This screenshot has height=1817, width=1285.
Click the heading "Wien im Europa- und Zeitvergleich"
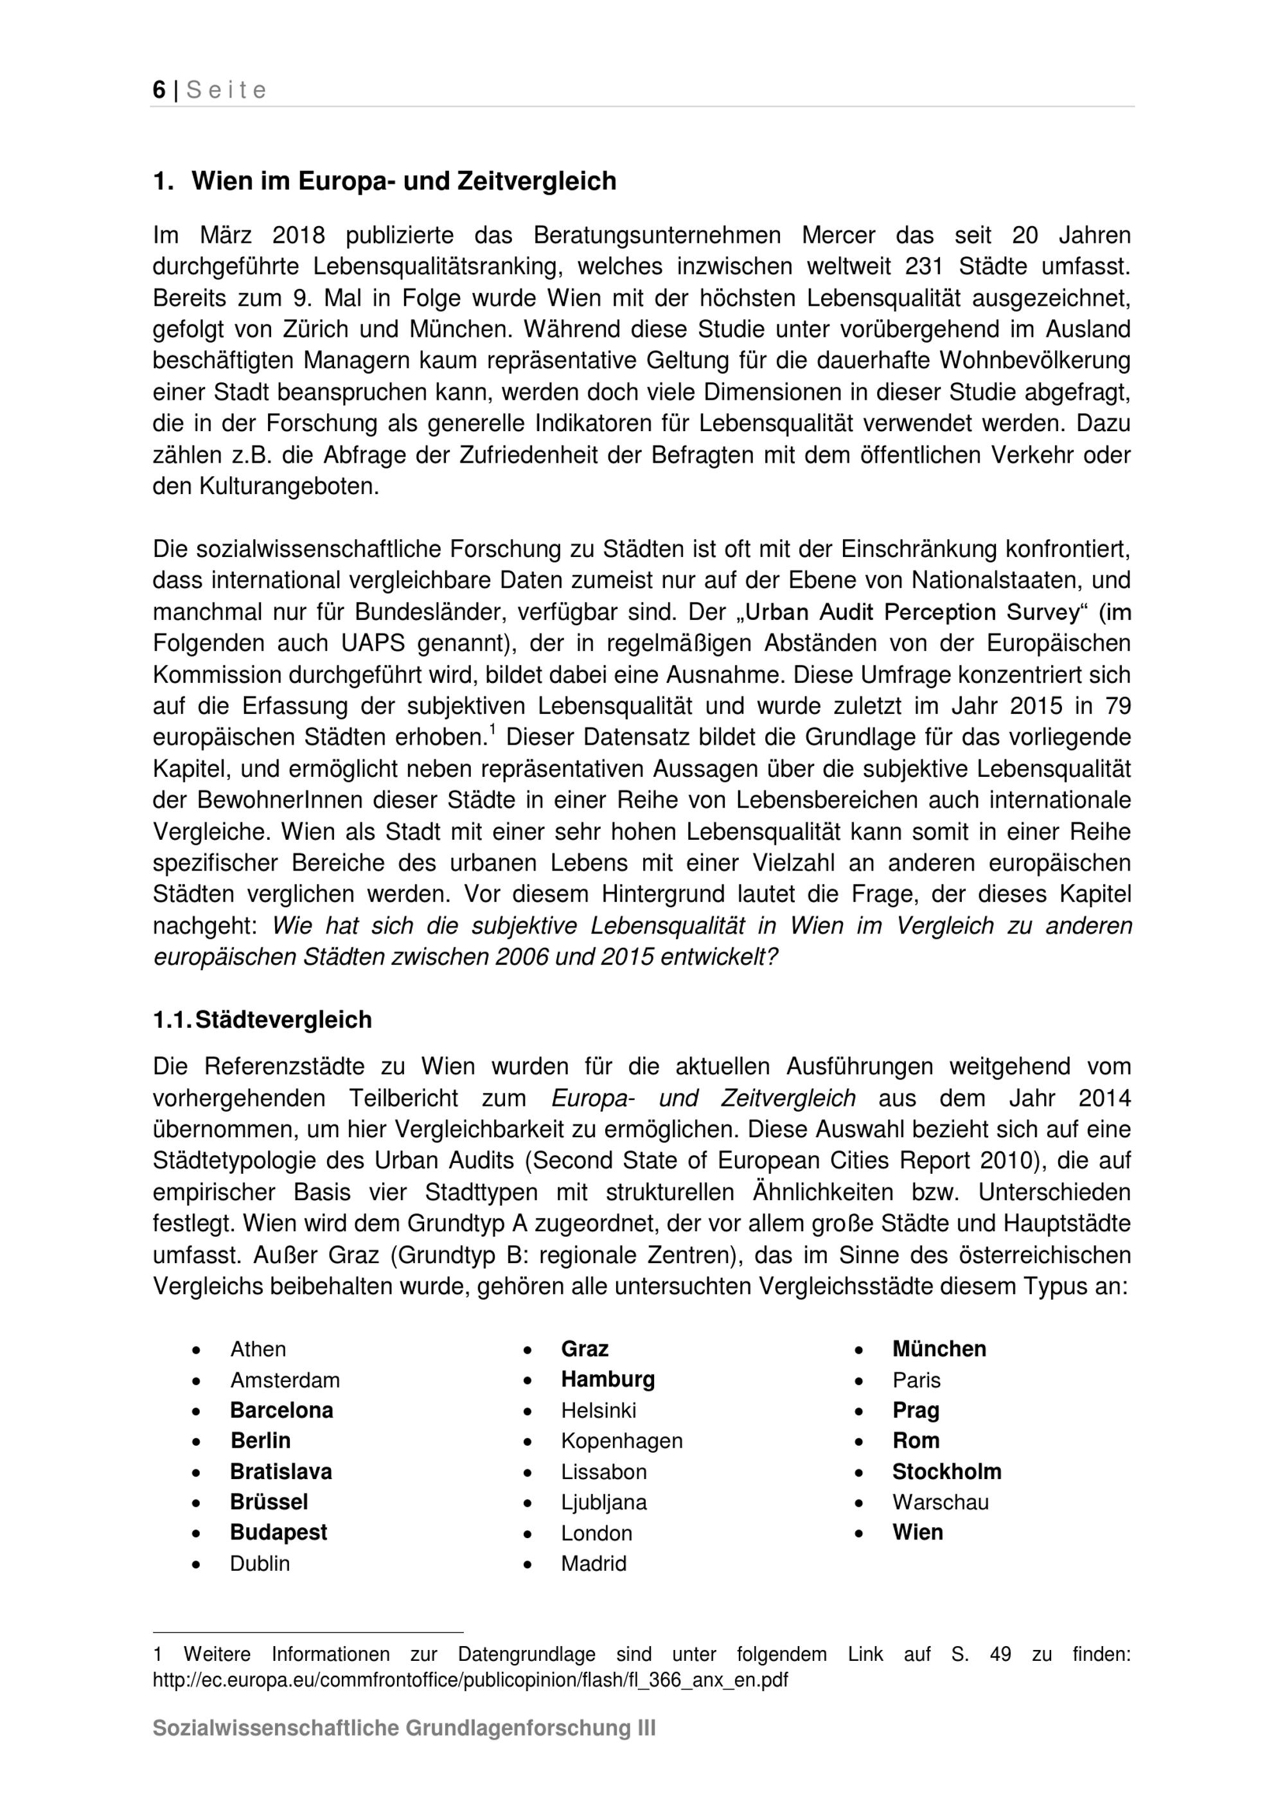403,181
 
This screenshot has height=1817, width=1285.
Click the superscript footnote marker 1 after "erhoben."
491,731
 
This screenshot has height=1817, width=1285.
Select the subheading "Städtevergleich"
283,1020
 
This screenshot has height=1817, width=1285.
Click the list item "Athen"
258,1349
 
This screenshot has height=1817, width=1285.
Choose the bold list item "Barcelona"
281,1410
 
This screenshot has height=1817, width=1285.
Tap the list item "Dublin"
260,1564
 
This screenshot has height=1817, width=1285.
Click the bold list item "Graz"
585,1349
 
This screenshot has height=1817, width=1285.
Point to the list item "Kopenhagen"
622,1441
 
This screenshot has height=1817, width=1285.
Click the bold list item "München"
939,1349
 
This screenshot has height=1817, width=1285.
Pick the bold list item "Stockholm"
946,1472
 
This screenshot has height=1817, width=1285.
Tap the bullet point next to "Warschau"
860,1503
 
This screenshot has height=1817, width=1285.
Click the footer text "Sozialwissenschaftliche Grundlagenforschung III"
403,1751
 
